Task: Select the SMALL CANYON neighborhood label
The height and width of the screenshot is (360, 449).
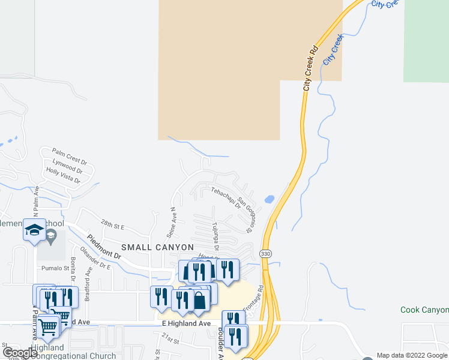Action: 158,247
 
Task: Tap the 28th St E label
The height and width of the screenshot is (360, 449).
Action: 112,225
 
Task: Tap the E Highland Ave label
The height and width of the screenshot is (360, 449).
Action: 187,323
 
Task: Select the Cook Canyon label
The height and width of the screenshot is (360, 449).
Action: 424,310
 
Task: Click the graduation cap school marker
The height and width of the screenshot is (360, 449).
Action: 34,229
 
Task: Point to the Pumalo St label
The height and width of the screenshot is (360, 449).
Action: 52,268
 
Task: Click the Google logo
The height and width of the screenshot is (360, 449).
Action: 20,353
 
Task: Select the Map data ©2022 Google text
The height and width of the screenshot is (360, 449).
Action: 412,355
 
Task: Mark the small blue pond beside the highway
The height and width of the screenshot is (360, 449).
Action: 269,199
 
